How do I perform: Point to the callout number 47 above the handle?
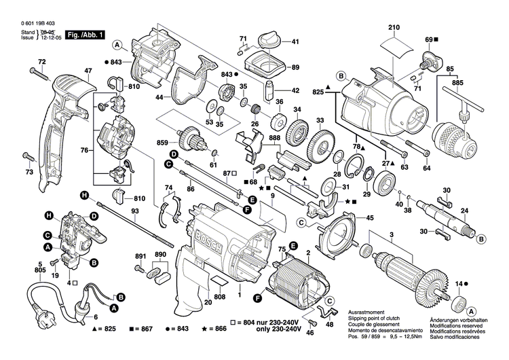pos(88,71)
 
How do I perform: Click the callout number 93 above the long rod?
pos(135,211)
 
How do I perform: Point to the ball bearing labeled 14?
pos(463,300)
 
